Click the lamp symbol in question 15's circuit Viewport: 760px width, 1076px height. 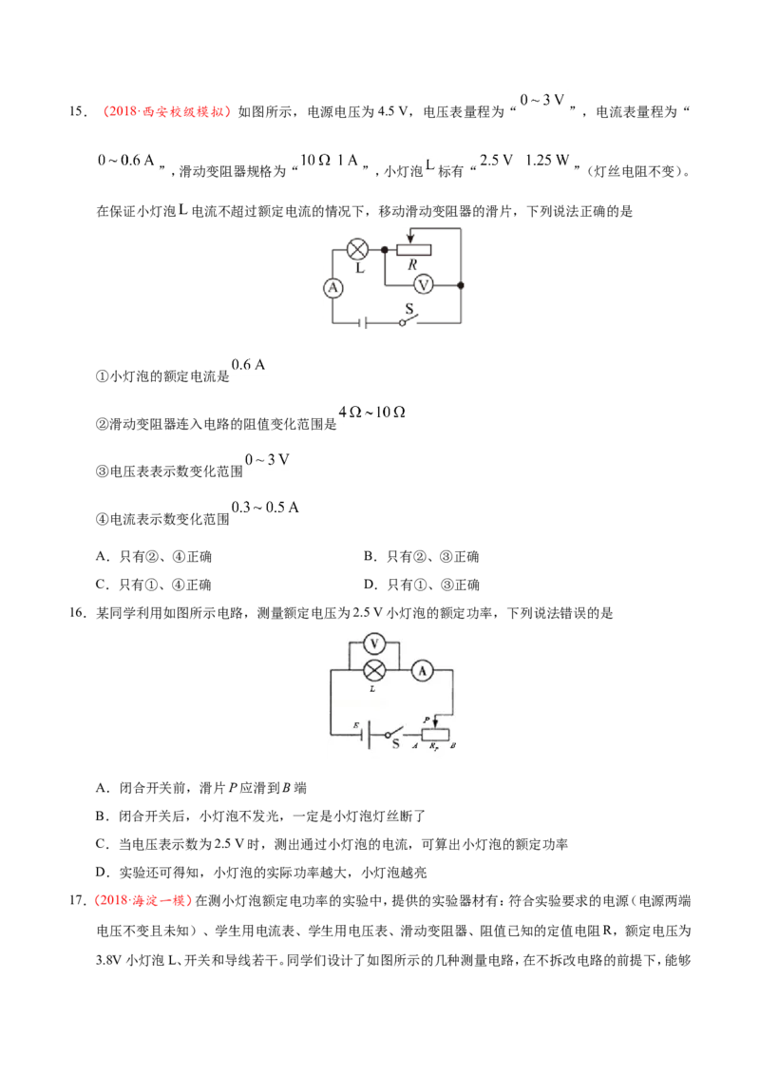(357, 249)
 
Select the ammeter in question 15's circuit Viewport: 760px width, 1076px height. (333, 288)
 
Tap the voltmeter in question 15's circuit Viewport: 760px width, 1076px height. (424, 285)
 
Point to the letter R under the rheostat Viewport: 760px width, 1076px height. (412, 265)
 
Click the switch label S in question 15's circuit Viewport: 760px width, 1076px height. (409, 309)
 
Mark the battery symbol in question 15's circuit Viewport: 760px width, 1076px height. (364, 322)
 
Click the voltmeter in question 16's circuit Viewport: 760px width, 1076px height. (374, 644)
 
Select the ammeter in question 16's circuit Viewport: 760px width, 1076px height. (423, 670)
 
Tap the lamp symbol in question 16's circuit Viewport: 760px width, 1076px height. (374, 670)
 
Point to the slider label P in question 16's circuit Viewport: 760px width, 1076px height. (427, 720)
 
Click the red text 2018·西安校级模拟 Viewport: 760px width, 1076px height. (165, 112)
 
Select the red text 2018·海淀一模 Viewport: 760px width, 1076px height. (142, 900)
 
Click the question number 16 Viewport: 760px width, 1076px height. (77, 612)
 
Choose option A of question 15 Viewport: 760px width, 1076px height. (154, 556)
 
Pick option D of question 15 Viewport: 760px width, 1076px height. (422, 585)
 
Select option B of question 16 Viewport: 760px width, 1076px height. (260, 816)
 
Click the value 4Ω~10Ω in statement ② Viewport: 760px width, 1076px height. (372, 412)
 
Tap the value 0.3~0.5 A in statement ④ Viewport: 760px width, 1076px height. (265, 508)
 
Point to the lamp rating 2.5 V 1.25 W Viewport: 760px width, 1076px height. (524, 161)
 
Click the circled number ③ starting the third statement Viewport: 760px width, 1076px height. (102, 471)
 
